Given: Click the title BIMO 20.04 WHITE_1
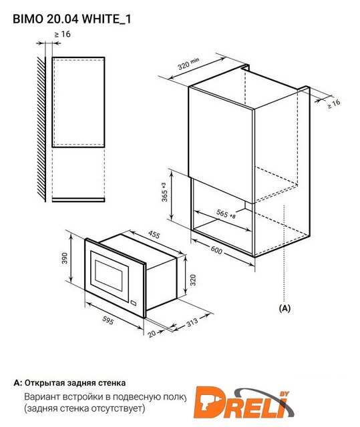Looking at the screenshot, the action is point(72,19).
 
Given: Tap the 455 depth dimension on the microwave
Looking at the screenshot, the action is point(154,235).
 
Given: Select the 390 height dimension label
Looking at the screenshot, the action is point(65,258).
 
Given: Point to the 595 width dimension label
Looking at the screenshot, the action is point(108,320).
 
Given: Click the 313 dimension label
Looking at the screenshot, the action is point(192,322).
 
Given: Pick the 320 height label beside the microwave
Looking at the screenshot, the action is point(192,280).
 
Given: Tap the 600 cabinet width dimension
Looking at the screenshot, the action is point(216,250).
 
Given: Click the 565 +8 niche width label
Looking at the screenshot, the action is point(226,214).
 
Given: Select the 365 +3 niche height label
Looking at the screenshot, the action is point(164,192).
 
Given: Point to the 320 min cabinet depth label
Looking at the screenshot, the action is point(188,63).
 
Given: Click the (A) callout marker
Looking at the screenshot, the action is point(285,308).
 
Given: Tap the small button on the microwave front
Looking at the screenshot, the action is point(134,302).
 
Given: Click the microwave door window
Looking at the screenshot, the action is point(108,276).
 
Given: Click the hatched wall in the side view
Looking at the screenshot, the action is point(41,129).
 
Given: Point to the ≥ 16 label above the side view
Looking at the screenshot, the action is point(62,34).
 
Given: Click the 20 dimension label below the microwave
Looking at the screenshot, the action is point(152,334).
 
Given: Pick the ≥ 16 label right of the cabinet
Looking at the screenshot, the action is point(333,104).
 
